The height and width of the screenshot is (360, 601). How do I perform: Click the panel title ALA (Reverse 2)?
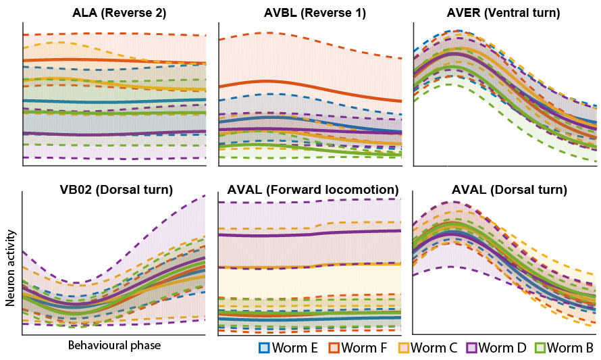point(119,13)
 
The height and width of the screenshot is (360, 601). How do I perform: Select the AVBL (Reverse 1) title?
point(315,13)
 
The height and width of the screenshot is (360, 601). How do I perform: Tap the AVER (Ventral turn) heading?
point(503,13)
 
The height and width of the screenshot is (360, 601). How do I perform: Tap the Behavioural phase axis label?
point(114,345)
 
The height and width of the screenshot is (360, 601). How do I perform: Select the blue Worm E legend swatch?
point(265,348)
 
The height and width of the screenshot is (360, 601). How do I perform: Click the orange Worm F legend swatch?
point(334,348)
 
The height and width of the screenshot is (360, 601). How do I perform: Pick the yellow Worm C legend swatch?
point(402,348)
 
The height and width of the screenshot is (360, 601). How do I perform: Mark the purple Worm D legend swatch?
point(471,348)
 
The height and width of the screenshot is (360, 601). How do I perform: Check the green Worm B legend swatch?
point(540,348)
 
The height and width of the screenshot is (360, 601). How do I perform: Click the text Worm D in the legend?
point(503,348)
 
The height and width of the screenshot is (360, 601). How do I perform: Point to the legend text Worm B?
point(571,348)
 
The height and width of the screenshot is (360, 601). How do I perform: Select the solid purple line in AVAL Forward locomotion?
point(311,234)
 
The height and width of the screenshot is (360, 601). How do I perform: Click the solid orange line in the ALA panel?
point(115,59)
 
